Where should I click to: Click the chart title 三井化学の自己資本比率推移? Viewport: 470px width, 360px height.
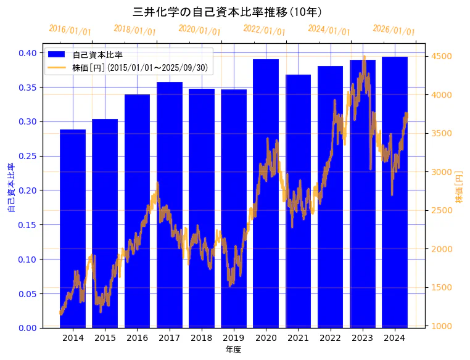[x=228, y=12]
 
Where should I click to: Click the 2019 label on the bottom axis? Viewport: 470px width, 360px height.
[x=234, y=337]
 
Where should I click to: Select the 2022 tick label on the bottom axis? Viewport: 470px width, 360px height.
[x=330, y=337]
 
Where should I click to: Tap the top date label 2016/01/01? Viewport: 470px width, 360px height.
[x=70, y=30]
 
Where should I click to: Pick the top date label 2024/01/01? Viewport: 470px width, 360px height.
[x=329, y=30]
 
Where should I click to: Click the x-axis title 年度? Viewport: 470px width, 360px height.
[x=233, y=350]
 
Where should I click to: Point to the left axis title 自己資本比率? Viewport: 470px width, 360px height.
[x=10, y=188]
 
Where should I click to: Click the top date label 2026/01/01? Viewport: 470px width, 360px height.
[x=394, y=30]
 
